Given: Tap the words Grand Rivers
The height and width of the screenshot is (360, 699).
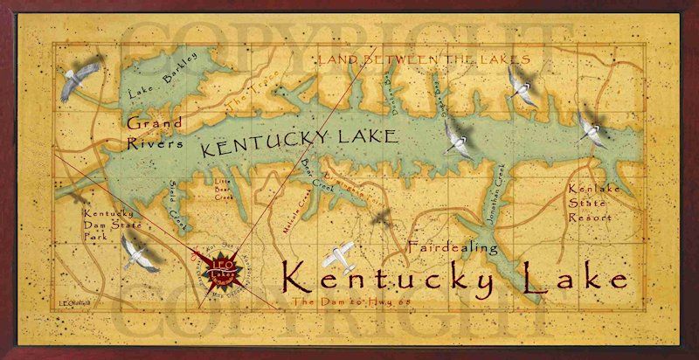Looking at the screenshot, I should coord(155,133).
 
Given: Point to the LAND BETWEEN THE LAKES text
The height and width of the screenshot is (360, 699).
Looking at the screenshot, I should coord(412,59).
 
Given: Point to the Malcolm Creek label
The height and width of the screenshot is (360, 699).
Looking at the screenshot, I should coord(294,215).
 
